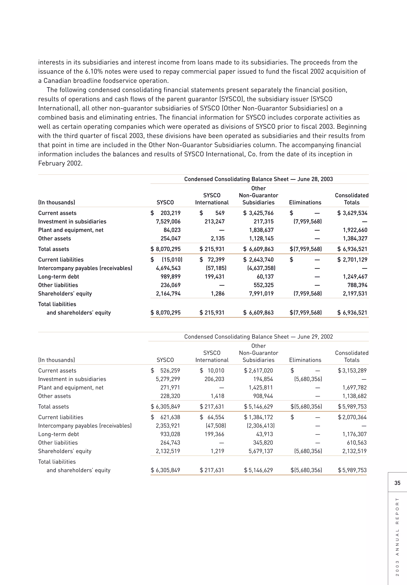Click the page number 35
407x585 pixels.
click(397, 483)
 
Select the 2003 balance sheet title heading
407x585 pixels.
click(258, 179)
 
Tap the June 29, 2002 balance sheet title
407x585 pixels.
click(258, 337)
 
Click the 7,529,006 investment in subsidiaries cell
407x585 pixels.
click(168, 221)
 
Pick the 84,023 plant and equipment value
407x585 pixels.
click(172, 230)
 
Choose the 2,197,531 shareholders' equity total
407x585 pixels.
click(355, 293)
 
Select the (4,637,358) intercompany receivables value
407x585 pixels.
click(261, 268)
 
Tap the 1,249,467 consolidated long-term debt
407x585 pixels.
click(355, 277)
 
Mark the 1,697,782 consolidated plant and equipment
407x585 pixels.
click(355, 387)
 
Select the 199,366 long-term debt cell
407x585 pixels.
click(214, 434)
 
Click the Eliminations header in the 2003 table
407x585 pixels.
click(305, 202)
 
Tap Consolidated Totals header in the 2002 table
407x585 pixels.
click(352, 356)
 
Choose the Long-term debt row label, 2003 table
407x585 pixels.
click(59, 277)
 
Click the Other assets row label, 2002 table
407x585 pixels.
click(54, 396)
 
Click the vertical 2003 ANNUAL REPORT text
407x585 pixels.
click(397, 537)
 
